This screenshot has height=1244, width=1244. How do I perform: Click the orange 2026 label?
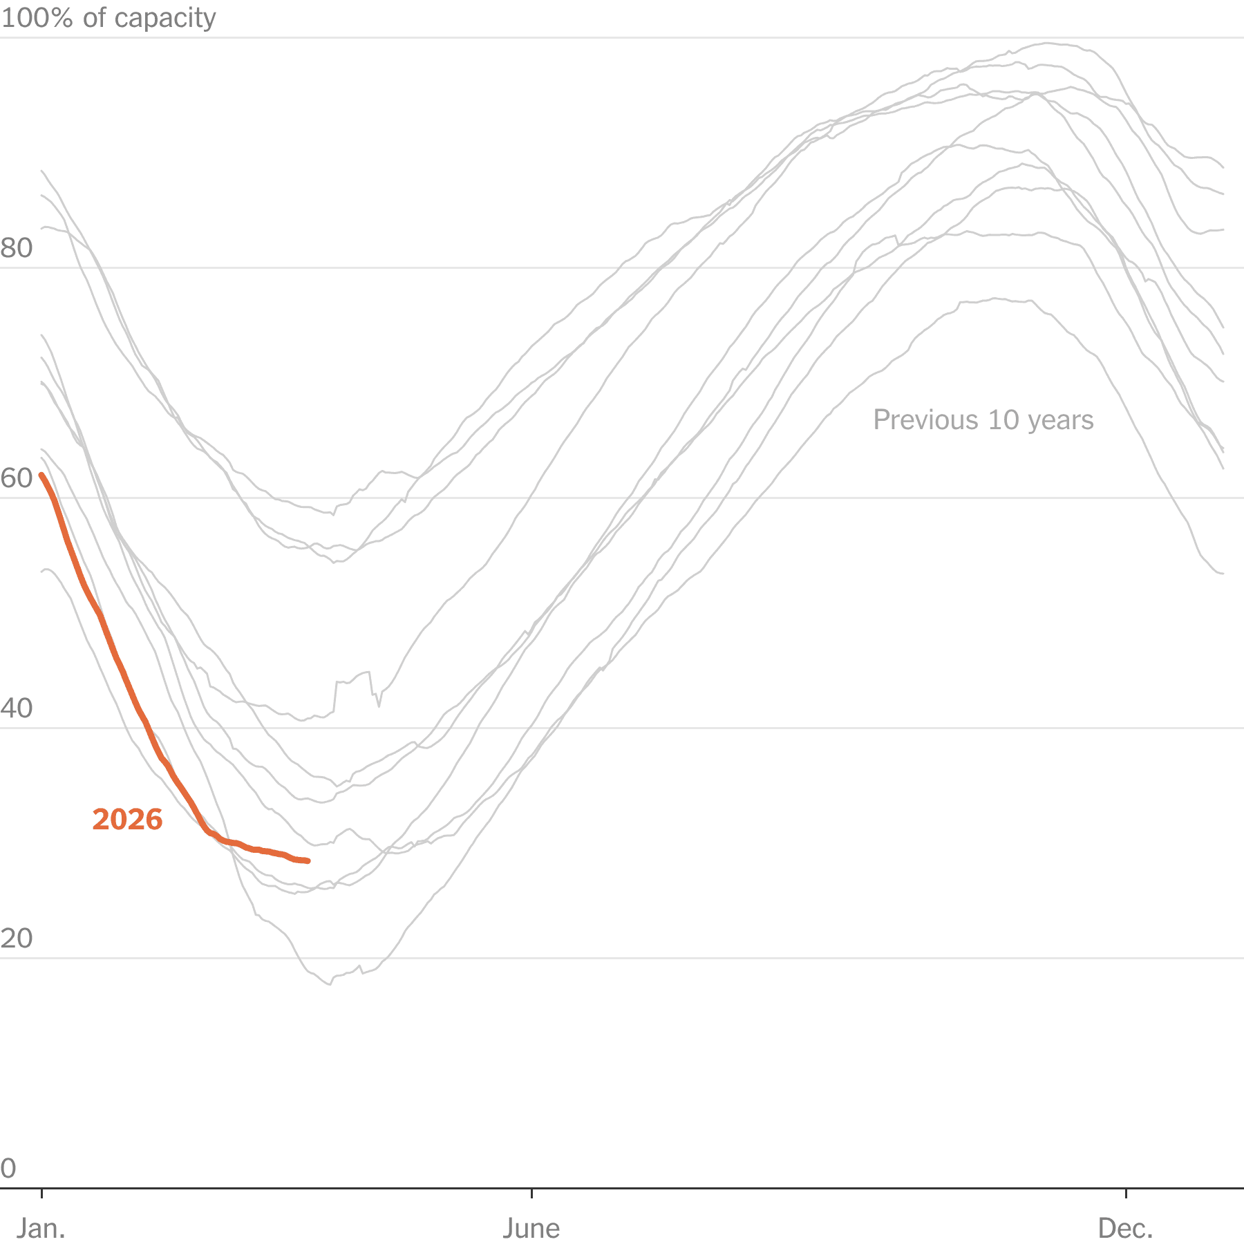[x=127, y=820]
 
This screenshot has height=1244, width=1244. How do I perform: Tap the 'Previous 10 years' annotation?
[x=983, y=420]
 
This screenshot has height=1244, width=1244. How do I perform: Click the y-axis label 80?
[x=17, y=248]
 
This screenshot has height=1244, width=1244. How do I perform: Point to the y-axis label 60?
[x=17, y=478]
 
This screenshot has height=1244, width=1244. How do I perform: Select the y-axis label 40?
[x=17, y=708]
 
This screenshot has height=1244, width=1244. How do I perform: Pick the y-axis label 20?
[x=17, y=939]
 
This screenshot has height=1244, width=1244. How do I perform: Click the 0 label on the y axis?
[x=8, y=1169]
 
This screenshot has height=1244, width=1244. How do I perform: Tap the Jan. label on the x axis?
[x=41, y=1228]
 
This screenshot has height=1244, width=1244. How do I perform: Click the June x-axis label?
[x=531, y=1228]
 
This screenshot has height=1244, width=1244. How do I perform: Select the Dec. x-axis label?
[x=1126, y=1228]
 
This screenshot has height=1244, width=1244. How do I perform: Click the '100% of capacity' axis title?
[x=109, y=18]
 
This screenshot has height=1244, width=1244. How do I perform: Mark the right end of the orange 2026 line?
[x=308, y=861]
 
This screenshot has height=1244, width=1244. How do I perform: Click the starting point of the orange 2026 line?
[x=41, y=475]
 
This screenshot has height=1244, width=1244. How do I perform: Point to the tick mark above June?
[x=531, y=1193]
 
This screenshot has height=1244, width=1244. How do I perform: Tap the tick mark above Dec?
[x=1127, y=1193]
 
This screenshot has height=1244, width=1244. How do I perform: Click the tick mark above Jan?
[x=42, y=1193]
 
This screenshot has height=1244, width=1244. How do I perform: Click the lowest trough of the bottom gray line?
[x=330, y=984]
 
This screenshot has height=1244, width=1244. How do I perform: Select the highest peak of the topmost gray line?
[x=1047, y=44]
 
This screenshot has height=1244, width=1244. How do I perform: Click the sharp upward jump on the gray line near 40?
[x=336, y=695]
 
